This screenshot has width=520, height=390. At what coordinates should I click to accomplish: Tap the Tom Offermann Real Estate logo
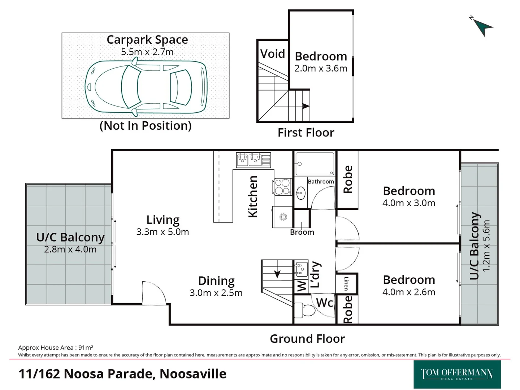point(457,374)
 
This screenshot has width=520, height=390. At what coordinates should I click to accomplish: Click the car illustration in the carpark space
point(146,87)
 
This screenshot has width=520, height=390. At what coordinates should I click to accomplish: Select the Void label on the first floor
point(273,54)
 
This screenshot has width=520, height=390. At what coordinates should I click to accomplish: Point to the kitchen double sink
point(253,160)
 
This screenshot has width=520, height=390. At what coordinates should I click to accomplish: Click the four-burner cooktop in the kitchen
point(282,187)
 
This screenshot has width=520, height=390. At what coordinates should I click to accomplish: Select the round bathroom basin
point(300,193)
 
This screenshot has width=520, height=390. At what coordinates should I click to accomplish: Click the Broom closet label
point(302,232)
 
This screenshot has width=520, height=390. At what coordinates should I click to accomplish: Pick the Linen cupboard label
point(346,284)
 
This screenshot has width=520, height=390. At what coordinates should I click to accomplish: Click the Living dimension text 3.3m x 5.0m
point(162,232)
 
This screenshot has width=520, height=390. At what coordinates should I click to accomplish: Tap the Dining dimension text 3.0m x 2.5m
point(216,293)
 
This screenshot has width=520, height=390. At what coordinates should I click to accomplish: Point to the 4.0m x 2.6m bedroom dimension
point(409,292)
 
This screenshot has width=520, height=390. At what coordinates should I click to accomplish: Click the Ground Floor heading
point(307,339)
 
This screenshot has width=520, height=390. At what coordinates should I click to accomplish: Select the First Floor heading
point(306,133)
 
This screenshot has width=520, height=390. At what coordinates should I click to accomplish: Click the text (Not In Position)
point(146,126)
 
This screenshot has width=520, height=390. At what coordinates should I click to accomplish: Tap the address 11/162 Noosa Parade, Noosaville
point(122,374)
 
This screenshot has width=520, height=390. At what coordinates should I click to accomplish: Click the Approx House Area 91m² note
point(56,347)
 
